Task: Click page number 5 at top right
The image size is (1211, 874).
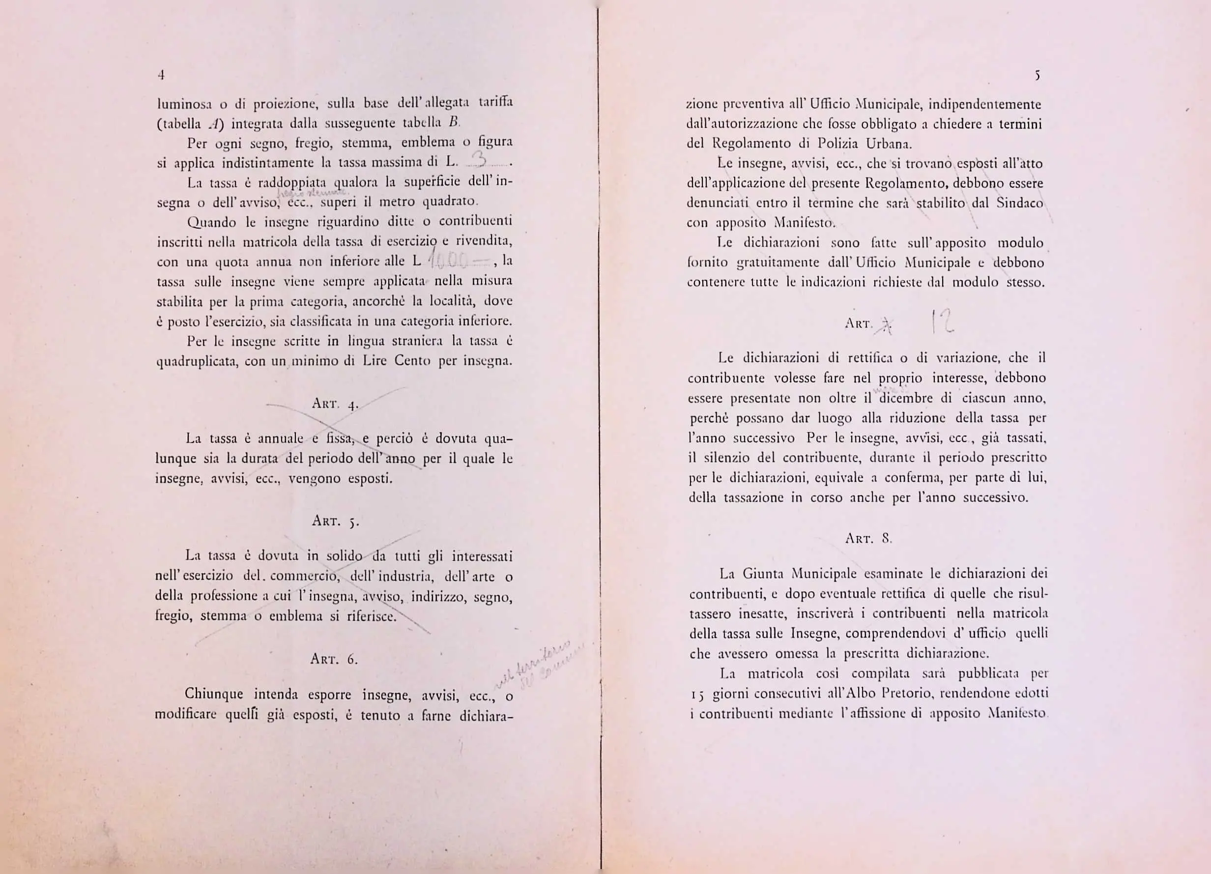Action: pos(1037,76)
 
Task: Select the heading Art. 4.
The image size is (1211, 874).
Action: pos(334,404)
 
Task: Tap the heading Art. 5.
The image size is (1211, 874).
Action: pos(335,521)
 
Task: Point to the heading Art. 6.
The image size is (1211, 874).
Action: pos(334,659)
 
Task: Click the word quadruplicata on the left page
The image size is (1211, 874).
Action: pos(196,361)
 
